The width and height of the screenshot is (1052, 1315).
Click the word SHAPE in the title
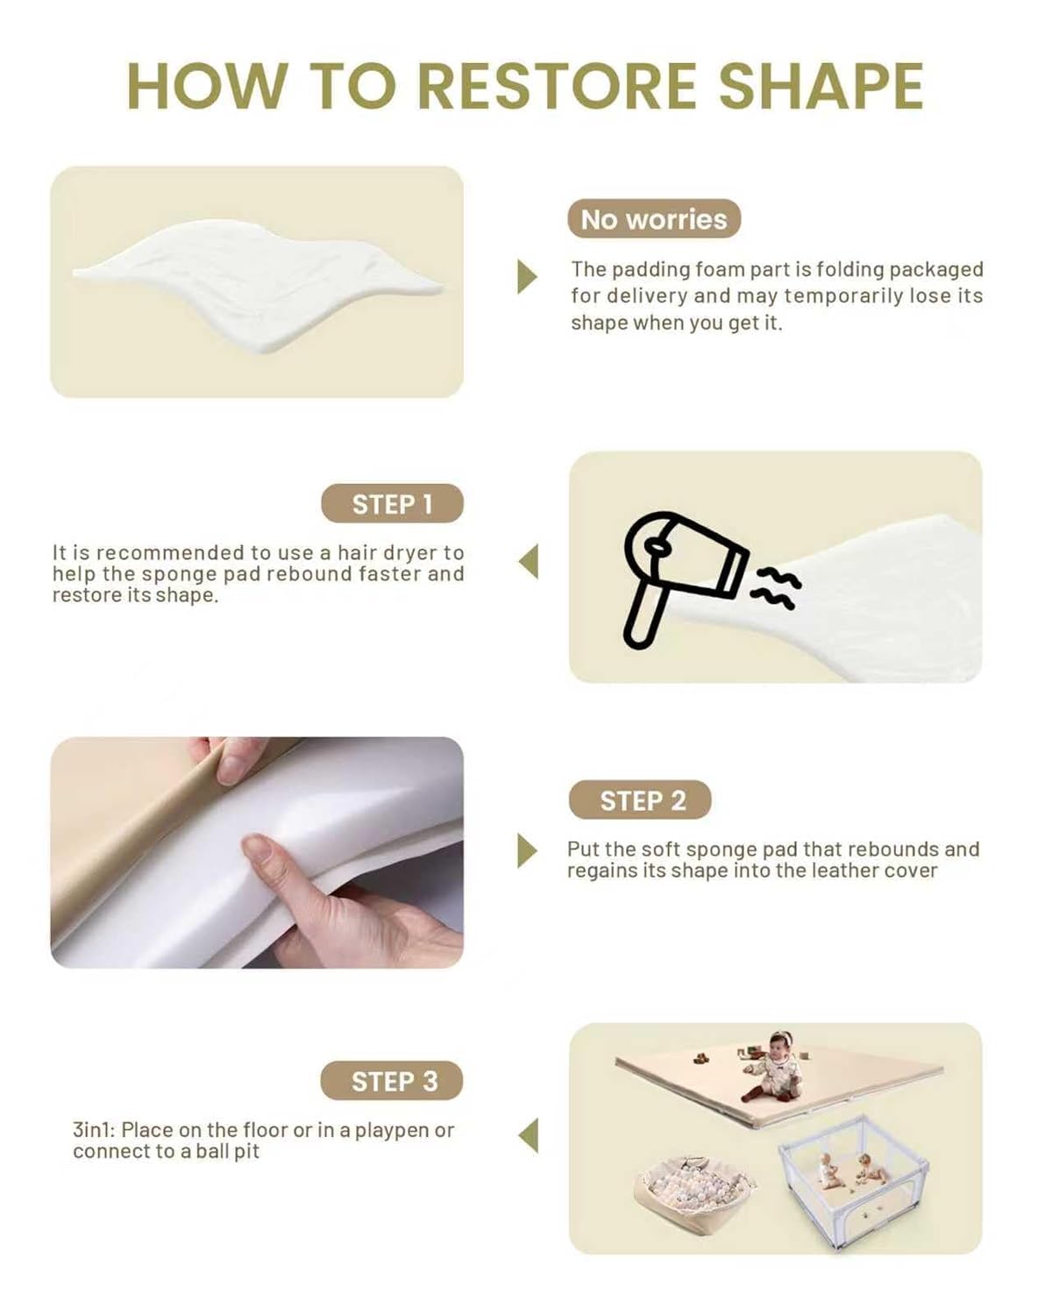pos(821,86)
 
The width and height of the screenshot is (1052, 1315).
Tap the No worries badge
pos(653,219)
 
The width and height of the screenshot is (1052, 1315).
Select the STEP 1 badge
pos(393,503)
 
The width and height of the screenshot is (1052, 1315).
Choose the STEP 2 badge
pos(640,800)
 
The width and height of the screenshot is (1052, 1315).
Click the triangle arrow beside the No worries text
pos(527,276)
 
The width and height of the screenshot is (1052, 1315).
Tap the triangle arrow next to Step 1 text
pos(529,561)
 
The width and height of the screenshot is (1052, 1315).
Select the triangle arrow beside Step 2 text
pos(527,850)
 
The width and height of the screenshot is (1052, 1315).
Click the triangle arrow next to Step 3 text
pos(529,1135)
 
